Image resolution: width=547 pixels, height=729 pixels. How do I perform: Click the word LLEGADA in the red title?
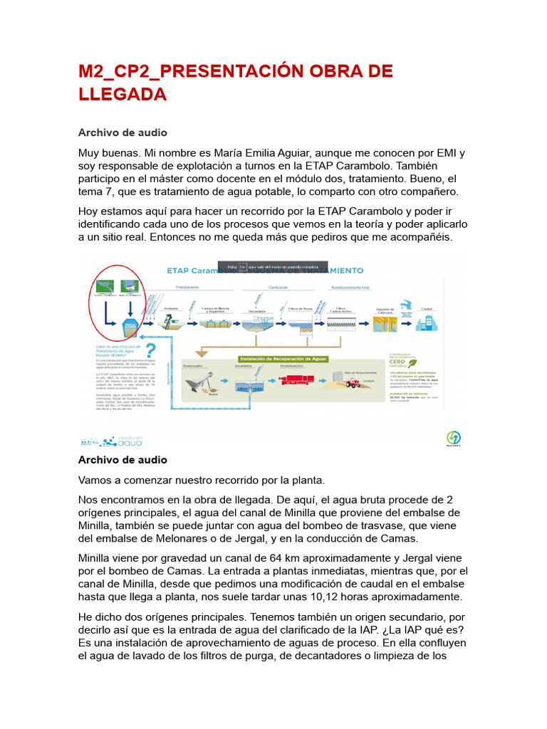tap(122, 94)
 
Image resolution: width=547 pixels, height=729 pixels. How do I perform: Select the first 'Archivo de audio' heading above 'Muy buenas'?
tap(123, 132)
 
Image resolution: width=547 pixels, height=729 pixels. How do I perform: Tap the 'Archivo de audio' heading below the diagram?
tap(123, 460)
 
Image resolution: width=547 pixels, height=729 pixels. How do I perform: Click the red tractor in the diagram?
tap(352, 382)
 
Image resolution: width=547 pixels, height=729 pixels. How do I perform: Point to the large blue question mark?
tap(150, 351)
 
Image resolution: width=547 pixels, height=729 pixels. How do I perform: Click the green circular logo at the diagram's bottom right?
tap(453, 437)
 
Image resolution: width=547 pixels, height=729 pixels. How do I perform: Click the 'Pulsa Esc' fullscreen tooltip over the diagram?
tap(273, 266)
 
